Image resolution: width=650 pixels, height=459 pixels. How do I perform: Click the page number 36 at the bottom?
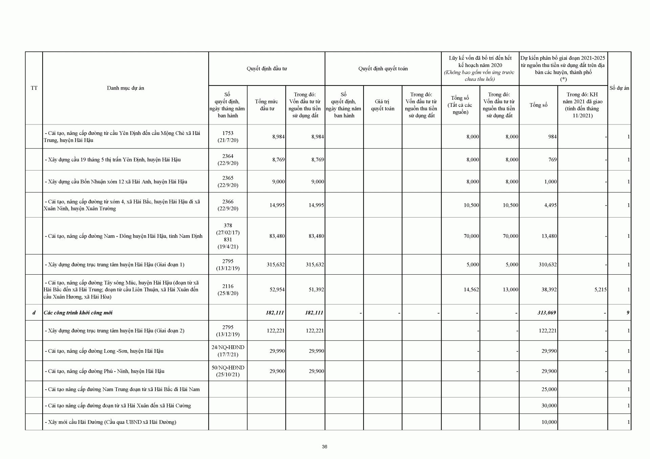coord(324,446)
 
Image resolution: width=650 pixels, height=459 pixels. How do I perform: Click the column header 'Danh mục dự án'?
coord(125,88)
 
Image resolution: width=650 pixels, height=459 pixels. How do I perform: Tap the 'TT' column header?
coord(34,88)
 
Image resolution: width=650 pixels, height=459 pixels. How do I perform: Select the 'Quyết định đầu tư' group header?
coord(266,69)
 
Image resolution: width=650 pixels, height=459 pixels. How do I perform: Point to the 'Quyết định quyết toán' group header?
coord(383,69)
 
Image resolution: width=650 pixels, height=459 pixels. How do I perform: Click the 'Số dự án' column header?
coord(619,88)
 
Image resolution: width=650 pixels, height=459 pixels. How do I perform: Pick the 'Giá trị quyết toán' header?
coord(383,105)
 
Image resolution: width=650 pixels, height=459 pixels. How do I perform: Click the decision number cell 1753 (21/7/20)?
coord(228,137)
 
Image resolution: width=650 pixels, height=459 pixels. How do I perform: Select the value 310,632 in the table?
coord(548,265)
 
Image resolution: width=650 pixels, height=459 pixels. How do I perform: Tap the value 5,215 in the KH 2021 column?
coord(600,290)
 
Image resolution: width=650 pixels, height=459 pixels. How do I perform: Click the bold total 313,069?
coord(547,313)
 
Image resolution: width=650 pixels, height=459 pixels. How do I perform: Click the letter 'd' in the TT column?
coord(34,313)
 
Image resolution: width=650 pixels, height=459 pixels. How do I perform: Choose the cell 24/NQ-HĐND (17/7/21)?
coord(228,351)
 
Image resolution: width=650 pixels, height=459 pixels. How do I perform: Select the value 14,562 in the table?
coord(471,290)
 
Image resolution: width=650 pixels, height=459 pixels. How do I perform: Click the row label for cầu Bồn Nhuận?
coord(116,182)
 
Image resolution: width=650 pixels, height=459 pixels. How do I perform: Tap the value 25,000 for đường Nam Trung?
coord(549,389)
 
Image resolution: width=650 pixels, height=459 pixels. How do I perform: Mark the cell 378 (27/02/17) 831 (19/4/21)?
coord(228,236)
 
